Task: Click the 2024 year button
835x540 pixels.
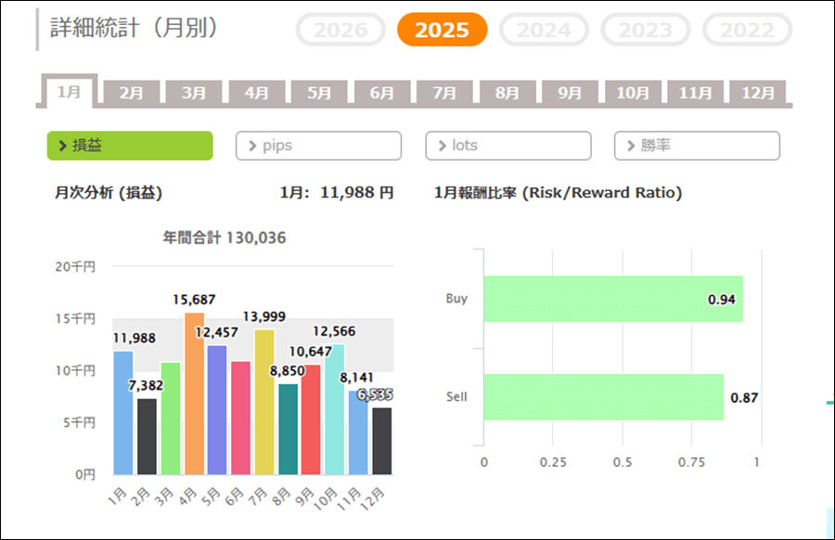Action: [544, 30]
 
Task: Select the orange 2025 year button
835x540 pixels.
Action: [442, 30]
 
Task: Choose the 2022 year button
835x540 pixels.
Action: [747, 30]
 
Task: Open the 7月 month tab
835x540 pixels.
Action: [444, 93]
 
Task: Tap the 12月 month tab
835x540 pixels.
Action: [758, 93]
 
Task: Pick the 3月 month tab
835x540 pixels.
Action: [194, 93]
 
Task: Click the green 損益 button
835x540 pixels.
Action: [130, 146]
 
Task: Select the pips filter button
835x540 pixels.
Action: [318, 146]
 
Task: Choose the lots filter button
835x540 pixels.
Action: [507, 146]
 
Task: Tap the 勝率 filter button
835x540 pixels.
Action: [697, 146]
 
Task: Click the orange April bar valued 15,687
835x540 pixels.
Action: [194, 394]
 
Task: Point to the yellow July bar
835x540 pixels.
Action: [263, 402]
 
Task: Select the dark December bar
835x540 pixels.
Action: [381, 441]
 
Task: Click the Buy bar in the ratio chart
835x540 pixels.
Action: [612, 299]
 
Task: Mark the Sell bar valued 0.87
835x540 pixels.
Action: [603, 397]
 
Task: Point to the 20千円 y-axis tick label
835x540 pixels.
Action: [76, 266]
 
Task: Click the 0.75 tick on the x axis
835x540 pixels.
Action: [689, 462]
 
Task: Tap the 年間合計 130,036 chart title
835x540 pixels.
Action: [224, 238]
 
